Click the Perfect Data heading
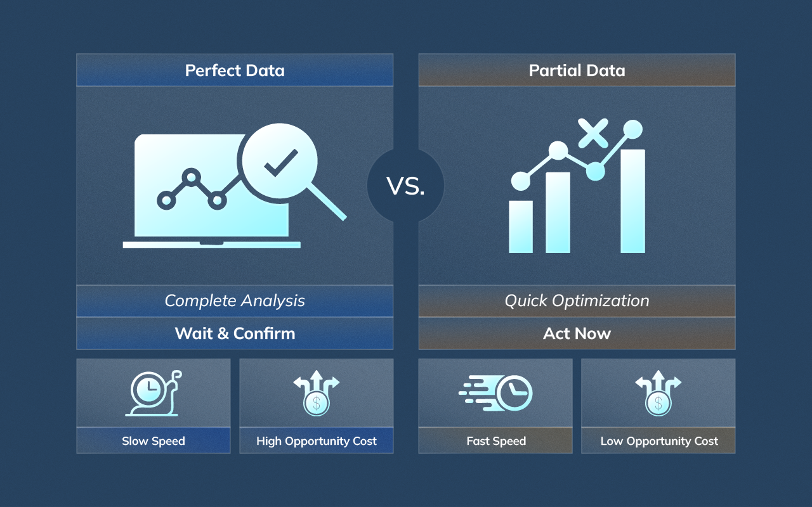tap(235, 70)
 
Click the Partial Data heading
tap(577, 70)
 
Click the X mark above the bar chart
tap(593, 134)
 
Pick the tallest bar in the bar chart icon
tap(632, 201)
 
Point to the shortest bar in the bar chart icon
tap(521, 226)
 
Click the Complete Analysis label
tap(235, 301)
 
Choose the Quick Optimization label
tap(577, 301)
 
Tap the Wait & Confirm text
tap(235, 333)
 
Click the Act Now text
tap(577, 333)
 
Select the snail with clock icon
tap(153, 394)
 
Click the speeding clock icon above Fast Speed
tap(496, 394)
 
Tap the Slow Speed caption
tap(153, 441)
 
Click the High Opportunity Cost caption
tap(316, 441)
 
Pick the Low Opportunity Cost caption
tap(658, 441)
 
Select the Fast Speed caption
tap(496, 441)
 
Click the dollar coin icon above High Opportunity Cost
tap(316, 403)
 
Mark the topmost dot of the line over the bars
tap(632, 129)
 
